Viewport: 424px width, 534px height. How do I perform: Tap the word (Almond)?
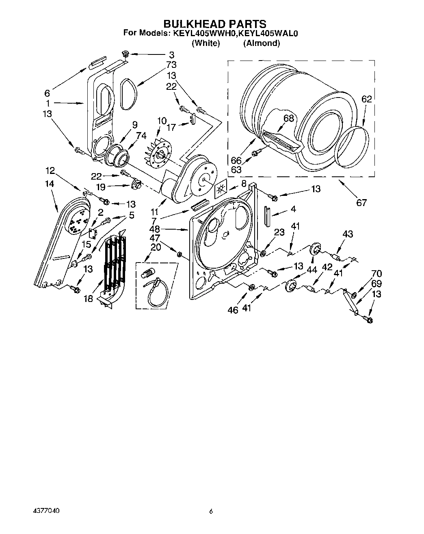(261, 43)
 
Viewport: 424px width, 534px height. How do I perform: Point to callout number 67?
(361, 202)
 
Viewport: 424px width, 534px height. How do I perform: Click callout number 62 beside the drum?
(366, 99)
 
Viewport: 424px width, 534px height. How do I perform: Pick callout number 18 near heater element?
(89, 299)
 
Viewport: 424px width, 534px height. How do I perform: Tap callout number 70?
(376, 274)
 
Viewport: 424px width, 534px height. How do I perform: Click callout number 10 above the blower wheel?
(162, 120)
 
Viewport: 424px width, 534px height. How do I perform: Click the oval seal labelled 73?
(129, 93)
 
